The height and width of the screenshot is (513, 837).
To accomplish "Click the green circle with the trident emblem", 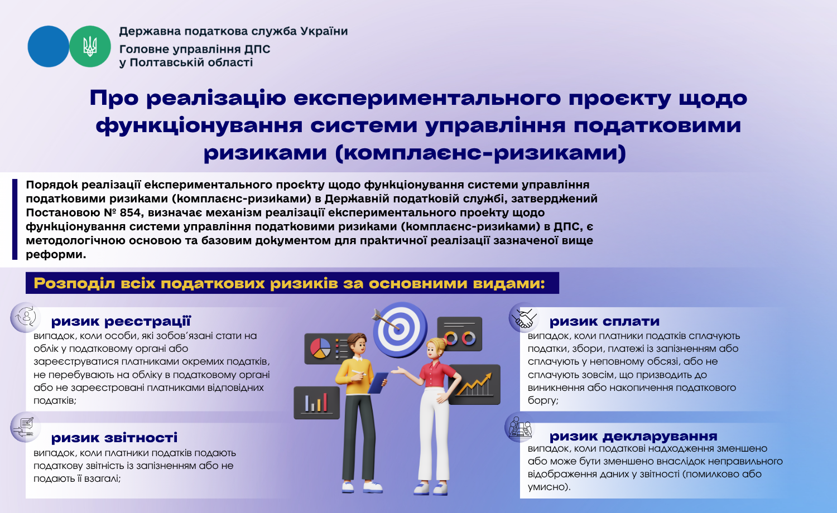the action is tap(90, 46).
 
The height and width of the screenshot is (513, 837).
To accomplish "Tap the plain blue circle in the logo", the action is tap(48, 46).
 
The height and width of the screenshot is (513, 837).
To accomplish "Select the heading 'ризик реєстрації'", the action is tap(121, 321).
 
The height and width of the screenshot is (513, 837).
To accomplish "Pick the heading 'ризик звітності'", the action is tap(114, 438).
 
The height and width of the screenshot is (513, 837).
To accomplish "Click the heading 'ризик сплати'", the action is tap(604, 321).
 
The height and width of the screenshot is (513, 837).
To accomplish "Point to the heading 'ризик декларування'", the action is tap(633, 436).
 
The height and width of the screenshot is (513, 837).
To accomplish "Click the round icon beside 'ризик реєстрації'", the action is tap(26, 317).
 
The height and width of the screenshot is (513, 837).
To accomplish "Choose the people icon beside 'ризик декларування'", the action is tap(519, 427).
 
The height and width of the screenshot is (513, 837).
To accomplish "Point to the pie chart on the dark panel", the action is tap(320, 348).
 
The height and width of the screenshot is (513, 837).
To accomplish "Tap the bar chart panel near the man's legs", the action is tap(317, 403).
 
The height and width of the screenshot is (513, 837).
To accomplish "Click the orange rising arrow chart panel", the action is tap(474, 385).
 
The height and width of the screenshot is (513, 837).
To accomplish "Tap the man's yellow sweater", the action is tap(354, 376).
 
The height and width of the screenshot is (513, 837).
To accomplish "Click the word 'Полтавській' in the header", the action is tap(191, 62).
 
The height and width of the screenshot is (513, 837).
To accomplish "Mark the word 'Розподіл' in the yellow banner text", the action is tap(74, 283).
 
